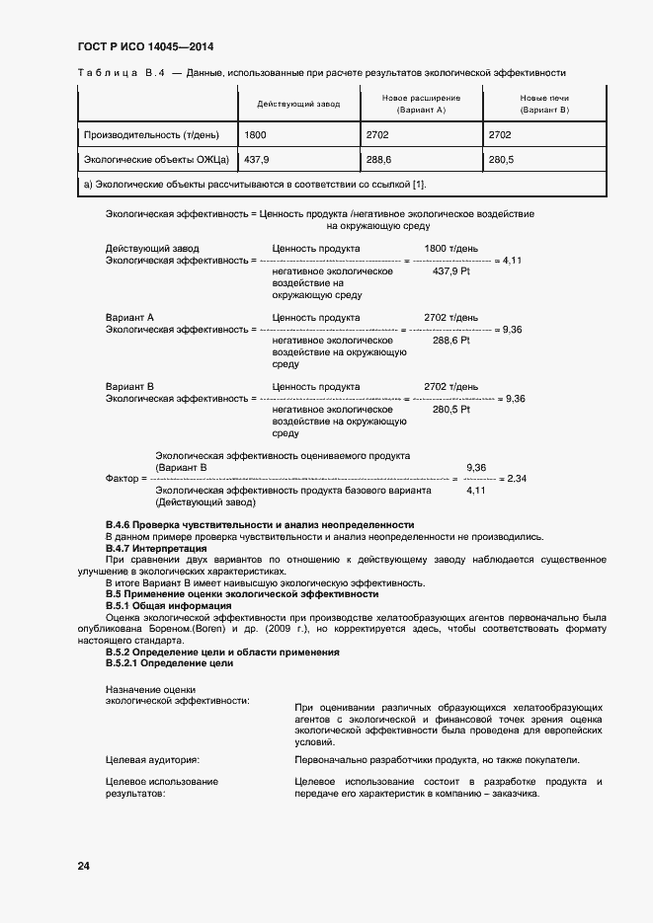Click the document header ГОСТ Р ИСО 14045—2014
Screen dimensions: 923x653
pyautogui.click(x=145, y=46)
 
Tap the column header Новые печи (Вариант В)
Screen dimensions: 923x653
pyautogui.click(x=544, y=104)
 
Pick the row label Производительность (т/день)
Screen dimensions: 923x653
pyautogui.click(x=151, y=134)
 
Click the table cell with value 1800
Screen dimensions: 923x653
pyautogui.click(x=255, y=134)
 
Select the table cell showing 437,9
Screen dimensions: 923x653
pyautogui.click(x=257, y=159)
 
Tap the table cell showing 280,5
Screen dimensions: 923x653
pyautogui.click(x=502, y=159)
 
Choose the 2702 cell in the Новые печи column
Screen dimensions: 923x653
pyautogui.click(x=501, y=134)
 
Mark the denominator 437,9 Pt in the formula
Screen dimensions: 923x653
pyautogui.click(x=451, y=271)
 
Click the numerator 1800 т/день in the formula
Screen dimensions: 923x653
pyautogui.click(x=451, y=248)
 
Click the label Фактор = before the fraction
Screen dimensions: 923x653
pyautogui.click(x=125, y=479)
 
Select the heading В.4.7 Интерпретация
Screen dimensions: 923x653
pyautogui.click(x=156, y=547)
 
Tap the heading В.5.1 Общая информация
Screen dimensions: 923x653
pyautogui.click(x=168, y=605)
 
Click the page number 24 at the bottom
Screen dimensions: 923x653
pyautogui.click(x=83, y=866)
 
